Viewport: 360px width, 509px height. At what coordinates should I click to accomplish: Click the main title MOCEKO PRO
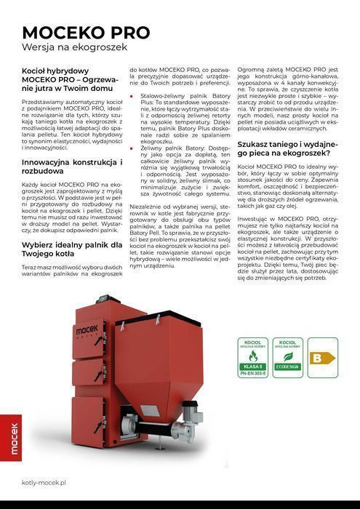tap(86, 33)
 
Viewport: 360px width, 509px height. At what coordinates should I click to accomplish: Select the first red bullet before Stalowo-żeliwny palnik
tap(132, 95)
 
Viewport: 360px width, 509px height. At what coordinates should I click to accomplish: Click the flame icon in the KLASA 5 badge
tap(254, 357)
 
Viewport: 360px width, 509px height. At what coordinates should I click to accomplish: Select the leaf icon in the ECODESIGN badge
tap(287, 357)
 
